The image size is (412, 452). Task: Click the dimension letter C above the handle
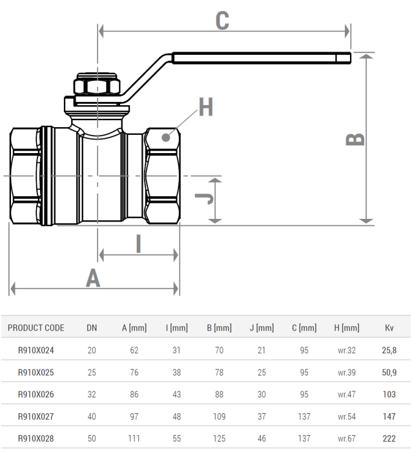(x=222, y=20)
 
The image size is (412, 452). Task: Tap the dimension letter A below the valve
(x=94, y=278)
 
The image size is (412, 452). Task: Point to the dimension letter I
(x=138, y=244)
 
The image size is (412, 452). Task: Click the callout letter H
(x=205, y=107)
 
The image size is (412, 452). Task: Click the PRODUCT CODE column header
(x=36, y=328)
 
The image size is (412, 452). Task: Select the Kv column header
(x=389, y=328)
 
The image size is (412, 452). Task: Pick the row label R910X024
(x=36, y=350)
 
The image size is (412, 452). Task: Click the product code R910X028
(x=36, y=438)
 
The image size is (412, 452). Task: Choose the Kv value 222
(x=389, y=438)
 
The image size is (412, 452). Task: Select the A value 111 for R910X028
(x=134, y=438)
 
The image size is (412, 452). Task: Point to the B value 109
(x=219, y=416)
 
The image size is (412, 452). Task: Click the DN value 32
(x=92, y=395)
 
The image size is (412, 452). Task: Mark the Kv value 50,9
(x=389, y=373)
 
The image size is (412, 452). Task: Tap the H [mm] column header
(x=347, y=328)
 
